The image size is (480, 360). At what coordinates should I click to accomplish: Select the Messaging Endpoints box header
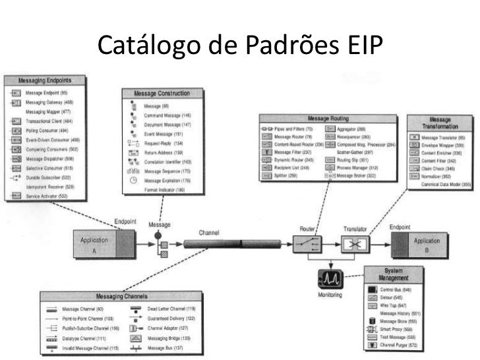pos(46,81)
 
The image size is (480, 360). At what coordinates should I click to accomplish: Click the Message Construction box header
pos(163,94)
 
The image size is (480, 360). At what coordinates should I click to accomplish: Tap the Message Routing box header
pos(328,118)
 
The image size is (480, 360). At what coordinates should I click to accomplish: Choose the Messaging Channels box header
pos(122,297)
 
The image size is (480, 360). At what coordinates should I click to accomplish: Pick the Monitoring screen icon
pos(330,278)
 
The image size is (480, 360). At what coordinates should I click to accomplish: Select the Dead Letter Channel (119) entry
pos(171,309)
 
